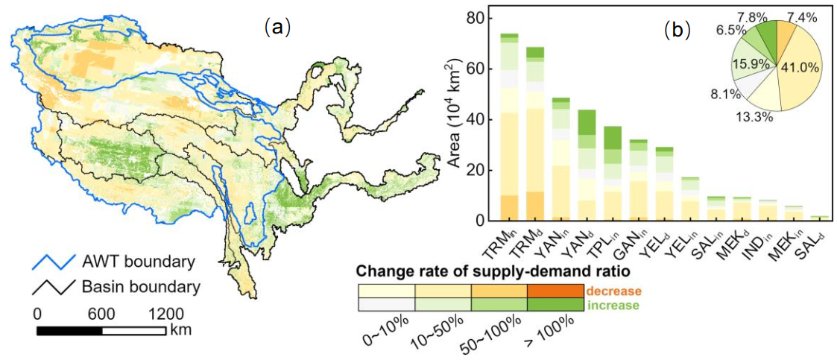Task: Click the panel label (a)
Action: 277,28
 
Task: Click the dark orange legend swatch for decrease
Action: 555,291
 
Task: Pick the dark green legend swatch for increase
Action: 555,304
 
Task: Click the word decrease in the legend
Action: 614,291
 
